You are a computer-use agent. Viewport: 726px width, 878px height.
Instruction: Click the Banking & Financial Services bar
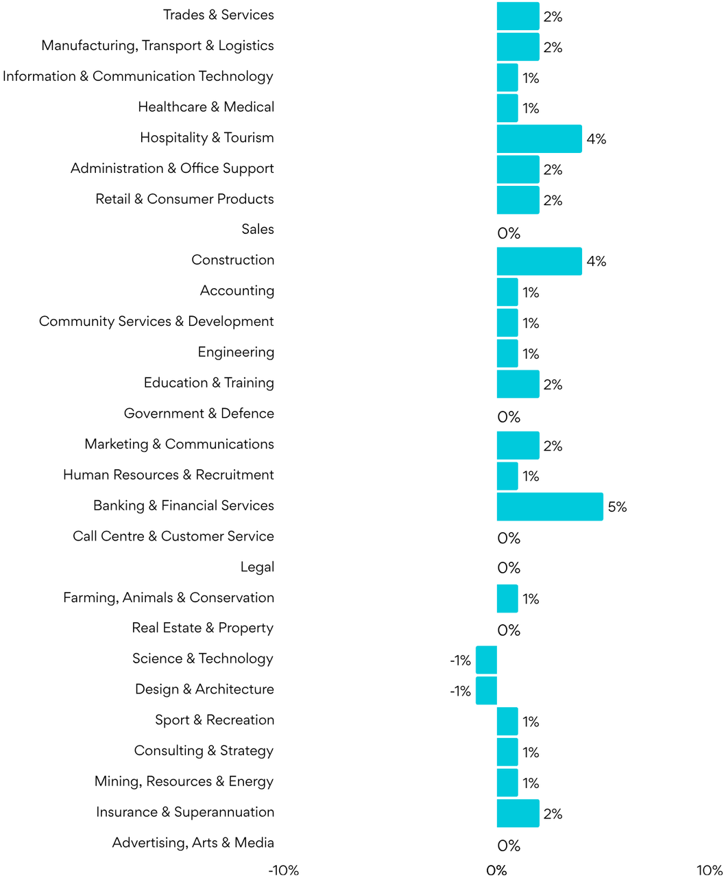(550, 506)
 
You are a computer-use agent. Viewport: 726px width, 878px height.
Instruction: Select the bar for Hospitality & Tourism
(539, 139)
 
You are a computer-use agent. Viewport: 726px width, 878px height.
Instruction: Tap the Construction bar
(539, 261)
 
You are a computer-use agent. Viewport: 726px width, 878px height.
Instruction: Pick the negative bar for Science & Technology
(487, 660)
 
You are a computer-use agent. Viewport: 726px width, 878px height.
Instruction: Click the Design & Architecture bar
(487, 690)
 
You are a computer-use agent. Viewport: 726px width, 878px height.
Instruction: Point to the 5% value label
(617, 507)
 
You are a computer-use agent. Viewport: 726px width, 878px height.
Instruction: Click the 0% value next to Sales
(509, 233)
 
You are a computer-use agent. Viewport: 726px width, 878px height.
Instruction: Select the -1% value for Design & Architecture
(460, 691)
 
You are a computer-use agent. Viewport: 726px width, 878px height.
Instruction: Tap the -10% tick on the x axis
(283, 870)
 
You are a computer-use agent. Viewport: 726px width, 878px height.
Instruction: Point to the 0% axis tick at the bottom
(496, 870)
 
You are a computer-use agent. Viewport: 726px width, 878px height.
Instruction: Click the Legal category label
(257, 567)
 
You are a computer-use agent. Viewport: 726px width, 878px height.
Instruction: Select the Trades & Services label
(218, 15)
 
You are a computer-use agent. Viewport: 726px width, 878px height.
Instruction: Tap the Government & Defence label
(199, 414)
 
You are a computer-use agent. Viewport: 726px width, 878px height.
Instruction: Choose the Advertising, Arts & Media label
(193, 843)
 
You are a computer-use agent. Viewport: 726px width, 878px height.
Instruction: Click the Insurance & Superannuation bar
(518, 813)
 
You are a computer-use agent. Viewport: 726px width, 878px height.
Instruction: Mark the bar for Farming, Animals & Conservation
(507, 598)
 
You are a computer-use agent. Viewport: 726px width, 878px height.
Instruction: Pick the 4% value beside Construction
(596, 261)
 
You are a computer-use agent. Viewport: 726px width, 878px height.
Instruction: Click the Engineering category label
(236, 353)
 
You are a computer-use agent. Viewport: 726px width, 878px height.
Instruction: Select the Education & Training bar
(518, 384)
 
